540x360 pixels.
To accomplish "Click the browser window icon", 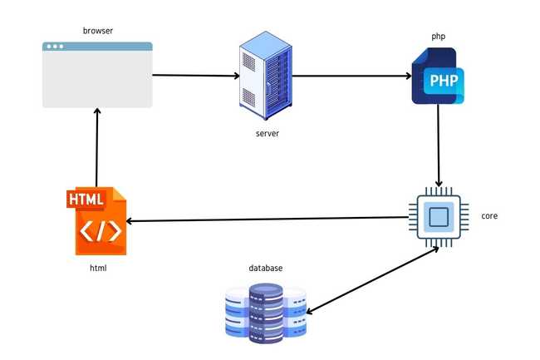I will [x=97, y=76].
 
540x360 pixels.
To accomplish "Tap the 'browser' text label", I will [x=97, y=31].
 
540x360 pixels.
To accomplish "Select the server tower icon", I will [x=265, y=76].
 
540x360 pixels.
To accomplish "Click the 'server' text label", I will [x=268, y=133].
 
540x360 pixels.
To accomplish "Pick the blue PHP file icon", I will [x=438, y=76].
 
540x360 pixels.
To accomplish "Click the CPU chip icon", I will [x=437, y=218].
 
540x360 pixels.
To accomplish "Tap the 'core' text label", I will [x=489, y=216].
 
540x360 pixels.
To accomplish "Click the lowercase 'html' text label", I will [x=98, y=269].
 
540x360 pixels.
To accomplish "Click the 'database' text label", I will [x=266, y=268].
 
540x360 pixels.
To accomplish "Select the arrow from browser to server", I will [x=196, y=76].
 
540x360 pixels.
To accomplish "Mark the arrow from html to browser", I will [x=97, y=150].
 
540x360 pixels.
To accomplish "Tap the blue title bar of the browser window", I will [x=97, y=47].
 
